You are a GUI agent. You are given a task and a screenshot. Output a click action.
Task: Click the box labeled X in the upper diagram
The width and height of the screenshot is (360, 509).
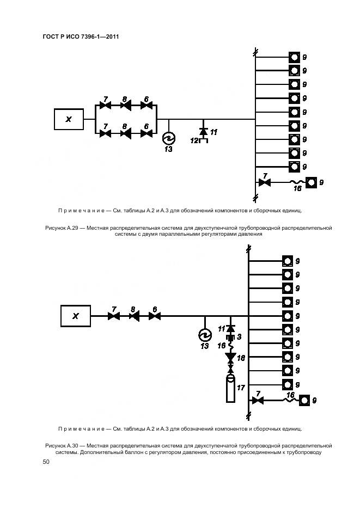click(69, 119)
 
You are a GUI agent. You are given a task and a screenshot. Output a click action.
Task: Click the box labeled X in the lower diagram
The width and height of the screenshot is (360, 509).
click(76, 316)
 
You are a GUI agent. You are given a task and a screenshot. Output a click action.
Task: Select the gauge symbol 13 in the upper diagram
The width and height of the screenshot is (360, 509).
click(168, 137)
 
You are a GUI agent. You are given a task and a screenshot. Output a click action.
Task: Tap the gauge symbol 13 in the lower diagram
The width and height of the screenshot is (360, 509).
click(205, 333)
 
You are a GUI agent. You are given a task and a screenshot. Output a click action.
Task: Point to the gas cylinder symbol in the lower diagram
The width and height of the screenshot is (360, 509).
click(230, 387)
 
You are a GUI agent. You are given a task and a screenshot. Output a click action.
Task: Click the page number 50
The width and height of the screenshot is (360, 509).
click(46, 462)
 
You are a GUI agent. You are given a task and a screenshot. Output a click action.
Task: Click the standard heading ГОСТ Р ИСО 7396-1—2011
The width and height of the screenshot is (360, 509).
click(81, 37)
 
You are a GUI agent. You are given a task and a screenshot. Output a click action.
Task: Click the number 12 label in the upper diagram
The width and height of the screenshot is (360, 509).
click(194, 140)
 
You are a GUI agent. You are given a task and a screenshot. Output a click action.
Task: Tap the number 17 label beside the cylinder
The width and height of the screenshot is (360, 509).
click(241, 388)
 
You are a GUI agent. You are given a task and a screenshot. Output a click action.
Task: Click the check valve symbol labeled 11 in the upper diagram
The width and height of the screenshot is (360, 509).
click(204, 131)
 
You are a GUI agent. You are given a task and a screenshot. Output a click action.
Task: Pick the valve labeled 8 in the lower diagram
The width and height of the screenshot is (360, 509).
click(134, 316)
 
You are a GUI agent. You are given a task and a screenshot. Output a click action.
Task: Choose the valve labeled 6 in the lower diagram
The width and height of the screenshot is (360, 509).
click(154, 316)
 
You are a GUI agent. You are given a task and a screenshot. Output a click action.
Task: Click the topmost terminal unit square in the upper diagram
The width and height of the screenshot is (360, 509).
click(294, 57)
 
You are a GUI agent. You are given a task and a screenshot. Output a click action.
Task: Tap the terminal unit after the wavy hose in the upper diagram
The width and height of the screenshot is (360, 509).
click(311, 182)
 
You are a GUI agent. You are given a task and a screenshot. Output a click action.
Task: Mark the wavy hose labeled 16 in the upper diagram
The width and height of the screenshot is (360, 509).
click(296, 183)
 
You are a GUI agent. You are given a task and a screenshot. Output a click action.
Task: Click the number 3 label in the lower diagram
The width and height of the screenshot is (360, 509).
click(239, 337)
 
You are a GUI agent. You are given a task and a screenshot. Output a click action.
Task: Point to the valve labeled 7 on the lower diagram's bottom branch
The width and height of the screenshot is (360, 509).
click(258, 400)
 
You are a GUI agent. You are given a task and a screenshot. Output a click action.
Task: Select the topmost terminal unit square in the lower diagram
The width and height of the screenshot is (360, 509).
click(287, 261)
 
